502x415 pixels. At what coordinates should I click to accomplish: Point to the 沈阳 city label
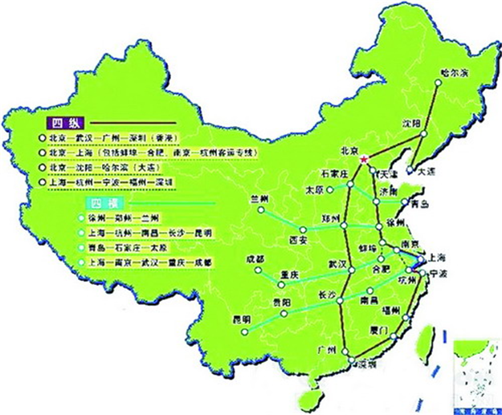[410, 124]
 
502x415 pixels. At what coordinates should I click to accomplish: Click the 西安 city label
[300, 239]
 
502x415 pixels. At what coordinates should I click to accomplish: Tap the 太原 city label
[316, 190]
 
